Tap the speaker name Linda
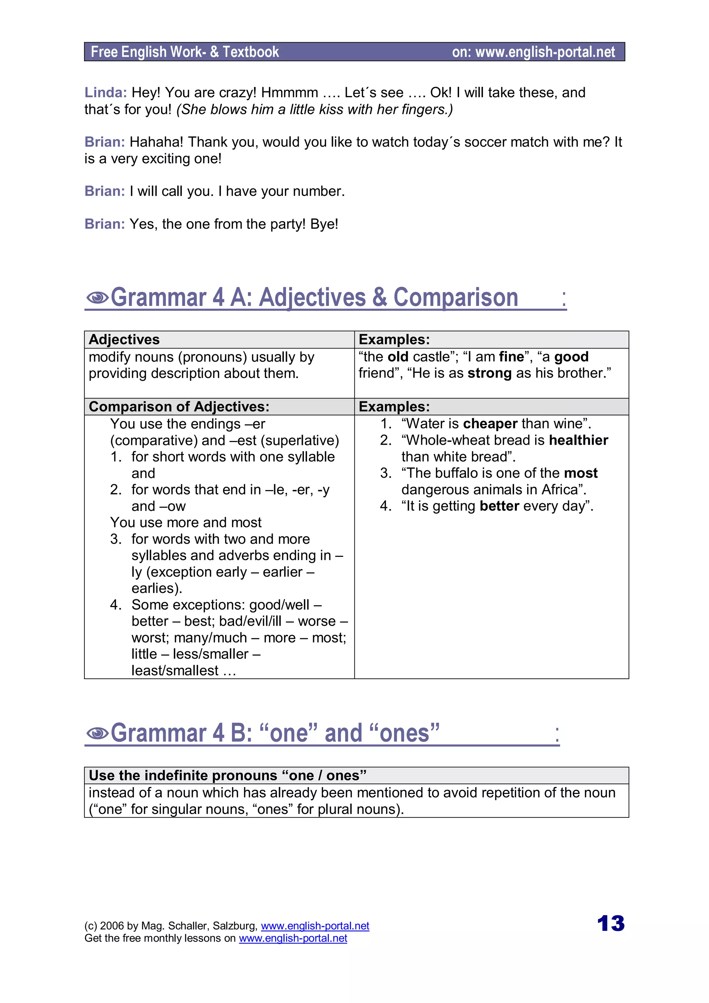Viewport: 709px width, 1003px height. (105, 93)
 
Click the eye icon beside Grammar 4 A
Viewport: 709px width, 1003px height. (97, 298)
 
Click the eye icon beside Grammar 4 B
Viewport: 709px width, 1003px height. (97, 733)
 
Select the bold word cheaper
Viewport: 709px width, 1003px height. (490, 424)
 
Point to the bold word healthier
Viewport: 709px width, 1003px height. (578, 440)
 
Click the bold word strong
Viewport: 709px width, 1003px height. (489, 373)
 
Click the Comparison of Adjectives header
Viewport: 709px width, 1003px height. (179, 407)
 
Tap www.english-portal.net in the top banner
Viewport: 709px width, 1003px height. (545, 52)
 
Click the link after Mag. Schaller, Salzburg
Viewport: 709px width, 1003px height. (315, 926)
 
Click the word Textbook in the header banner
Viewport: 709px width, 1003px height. (251, 52)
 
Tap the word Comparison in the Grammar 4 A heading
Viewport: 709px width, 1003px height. (456, 298)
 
